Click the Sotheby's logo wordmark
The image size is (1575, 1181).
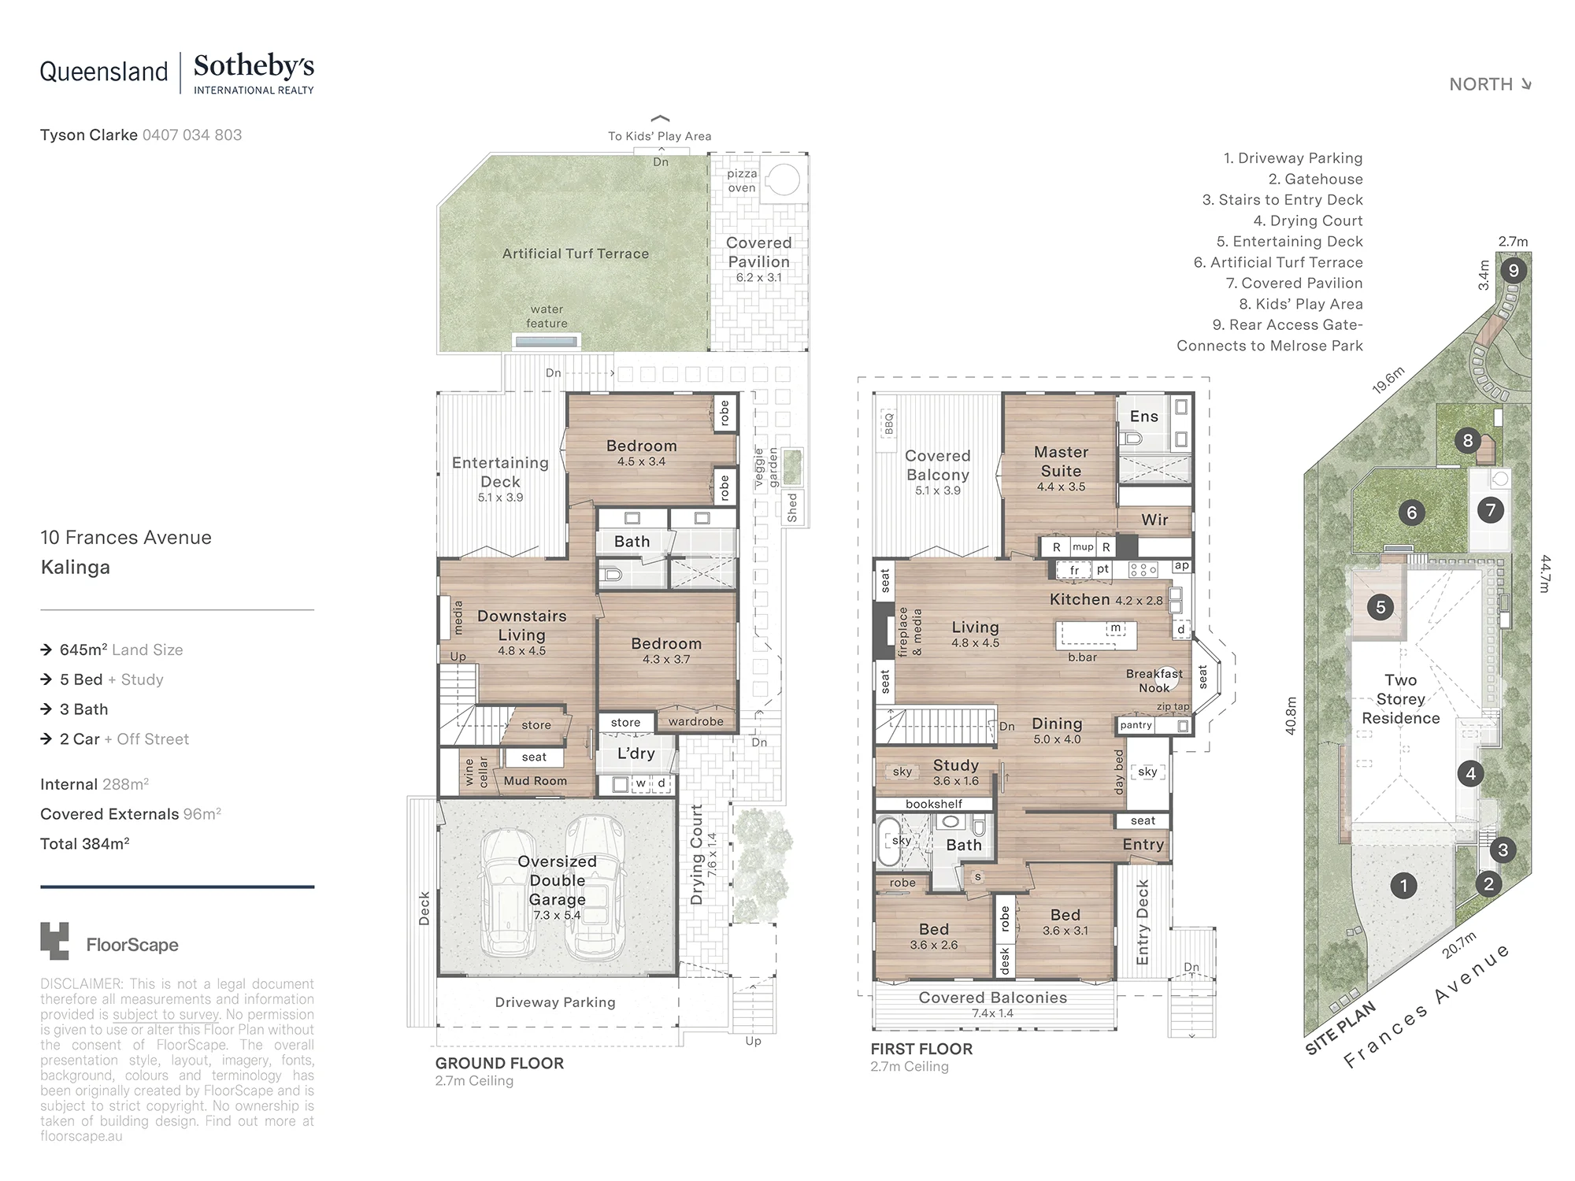(254, 66)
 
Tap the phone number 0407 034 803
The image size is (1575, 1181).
(192, 135)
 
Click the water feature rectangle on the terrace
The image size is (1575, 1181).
(547, 341)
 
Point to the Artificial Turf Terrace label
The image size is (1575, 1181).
(576, 254)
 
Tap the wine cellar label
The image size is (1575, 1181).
(476, 772)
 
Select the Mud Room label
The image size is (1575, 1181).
(535, 781)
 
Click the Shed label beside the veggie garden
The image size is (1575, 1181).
(792, 508)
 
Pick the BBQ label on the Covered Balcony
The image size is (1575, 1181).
(889, 423)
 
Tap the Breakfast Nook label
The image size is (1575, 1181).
(1154, 681)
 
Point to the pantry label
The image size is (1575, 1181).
(1136, 725)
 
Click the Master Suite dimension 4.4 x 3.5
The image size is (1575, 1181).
(1061, 487)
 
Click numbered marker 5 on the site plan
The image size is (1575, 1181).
(1380, 607)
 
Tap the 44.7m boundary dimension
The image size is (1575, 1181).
(1545, 574)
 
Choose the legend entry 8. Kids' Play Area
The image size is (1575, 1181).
(1300, 304)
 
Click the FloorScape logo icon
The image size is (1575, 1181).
(54, 941)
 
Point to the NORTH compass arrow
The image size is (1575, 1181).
(1526, 84)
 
